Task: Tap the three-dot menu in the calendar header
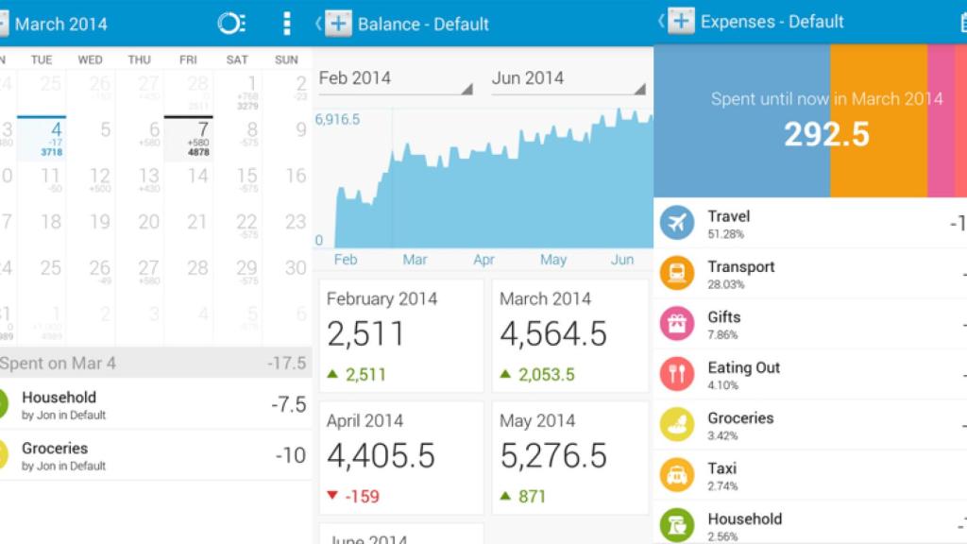pyautogui.click(x=286, y=24)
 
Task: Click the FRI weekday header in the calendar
pyautogui.click(x=188, y=59)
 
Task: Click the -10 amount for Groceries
pyautogui.click(x=290, y=455)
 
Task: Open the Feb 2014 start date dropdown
pyautogui.click(x=396, y=79)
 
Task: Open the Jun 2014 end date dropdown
pyautogui.click(x=568, y=79)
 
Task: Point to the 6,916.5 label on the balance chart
pyautogui.click(x=338, y=120)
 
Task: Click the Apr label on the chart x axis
pyautogui.click(x=484, y=260)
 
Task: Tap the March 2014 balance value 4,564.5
pyautogui.click(x=553, y=334)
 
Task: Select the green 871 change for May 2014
pyautogui.click(x=532, y=496)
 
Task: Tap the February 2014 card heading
pyautogui.click(x=382, y=298)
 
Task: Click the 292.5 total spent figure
pyautogui.click(x=826, y=134)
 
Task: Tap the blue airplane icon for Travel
pyautogui.click(x=676, y=223)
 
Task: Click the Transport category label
pyautogui.click(x=741, y=267)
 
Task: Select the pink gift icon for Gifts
pyautogui.click(x=676, y=324)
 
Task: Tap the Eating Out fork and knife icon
pyautogui.click(x=676, y=374)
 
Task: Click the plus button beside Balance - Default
pyautogui.click(x=338, y=24)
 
